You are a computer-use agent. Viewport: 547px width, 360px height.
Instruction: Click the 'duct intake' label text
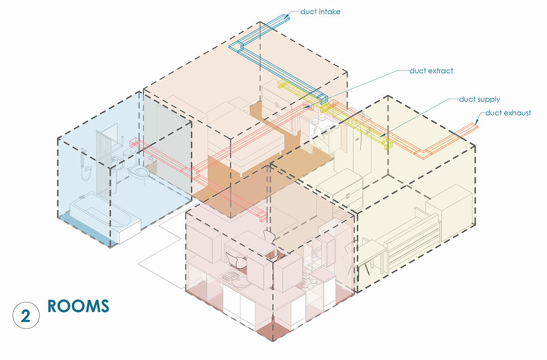coord(320,11)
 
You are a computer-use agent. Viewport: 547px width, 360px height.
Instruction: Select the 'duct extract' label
coord(431,71)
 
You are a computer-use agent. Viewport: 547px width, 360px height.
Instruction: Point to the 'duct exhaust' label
coord(507,113)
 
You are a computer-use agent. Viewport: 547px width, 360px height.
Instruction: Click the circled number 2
coord(26,316)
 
